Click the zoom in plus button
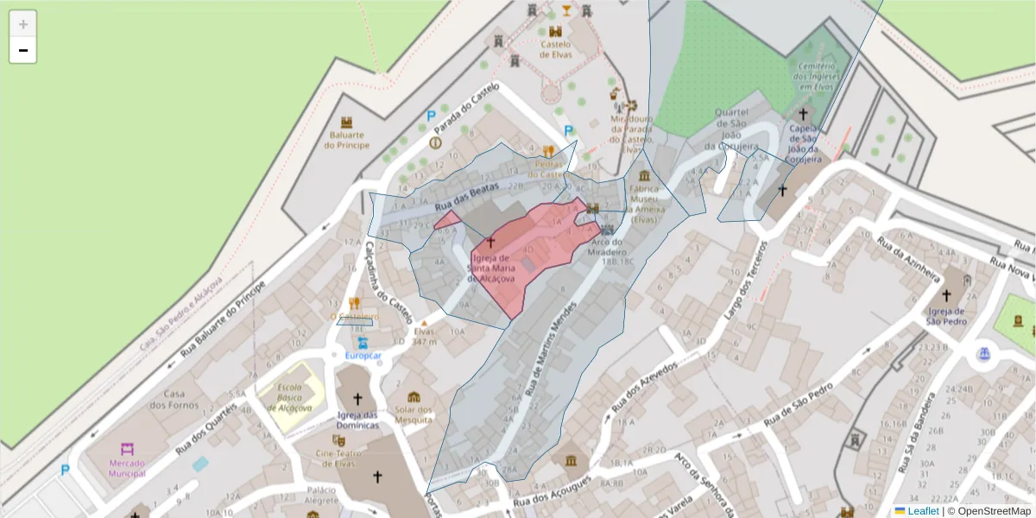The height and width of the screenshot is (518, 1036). click(x=23, y=24)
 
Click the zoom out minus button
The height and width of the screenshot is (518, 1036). click(x=23, y=50)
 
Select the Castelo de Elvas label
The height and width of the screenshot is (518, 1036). click(x=555, y=49)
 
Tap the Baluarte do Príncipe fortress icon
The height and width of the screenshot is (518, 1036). click(x=347, y=123)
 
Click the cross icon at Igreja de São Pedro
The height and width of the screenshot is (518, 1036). click(x=946, y=295)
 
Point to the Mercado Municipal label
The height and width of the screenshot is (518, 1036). click(x=127, y=468)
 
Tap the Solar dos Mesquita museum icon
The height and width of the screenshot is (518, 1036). click(x=414, y=397)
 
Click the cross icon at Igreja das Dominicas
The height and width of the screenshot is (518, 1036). click(x=357, y=399)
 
